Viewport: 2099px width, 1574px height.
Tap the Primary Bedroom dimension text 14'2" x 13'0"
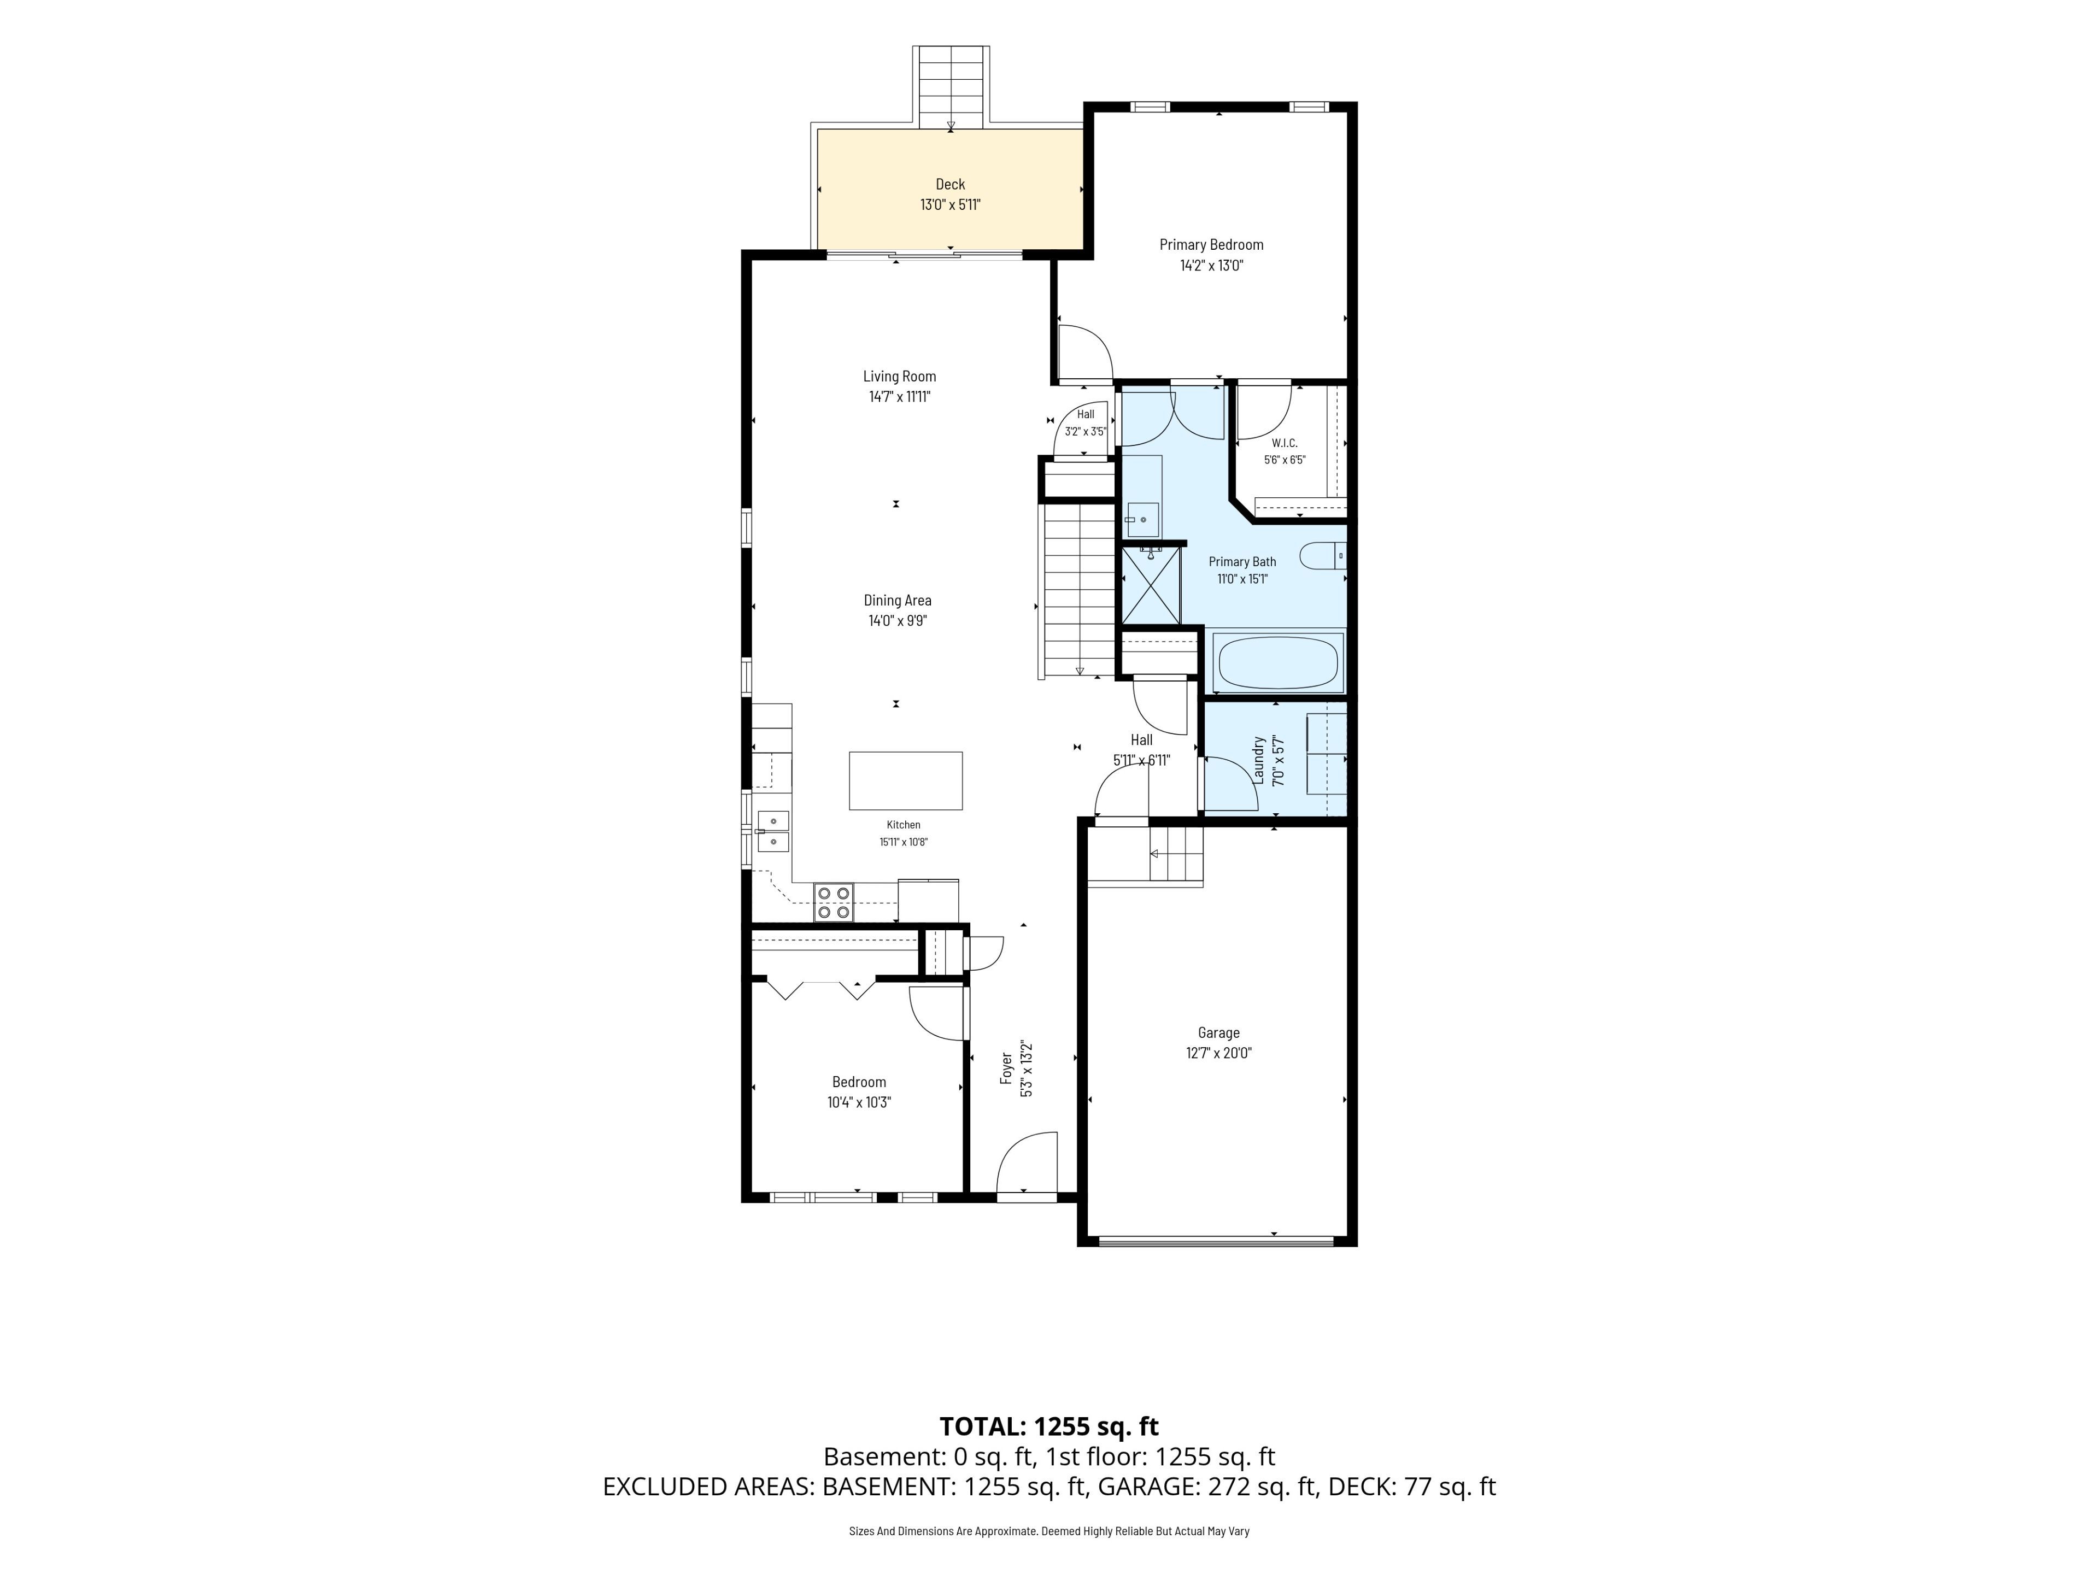1211,266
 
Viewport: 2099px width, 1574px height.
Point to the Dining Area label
898,601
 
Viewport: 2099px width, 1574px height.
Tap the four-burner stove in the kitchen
833,902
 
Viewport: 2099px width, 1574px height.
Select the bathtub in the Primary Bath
1279,662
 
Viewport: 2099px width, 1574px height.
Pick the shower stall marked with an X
1152,585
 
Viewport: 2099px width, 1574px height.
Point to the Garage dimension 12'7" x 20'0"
1218,1053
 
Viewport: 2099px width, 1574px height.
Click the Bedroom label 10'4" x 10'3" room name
859,1083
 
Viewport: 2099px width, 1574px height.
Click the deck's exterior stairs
951,87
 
